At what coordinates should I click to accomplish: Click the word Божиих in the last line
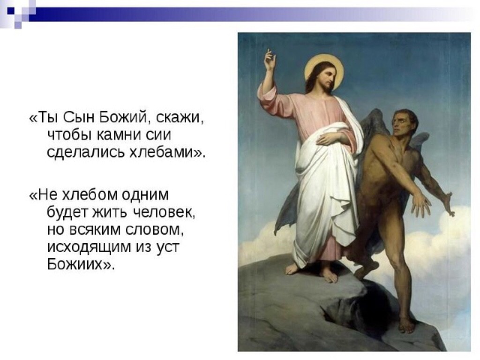coord(76,264)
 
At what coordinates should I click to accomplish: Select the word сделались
coord(86,152)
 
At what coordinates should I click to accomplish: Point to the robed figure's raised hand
coord(270,59)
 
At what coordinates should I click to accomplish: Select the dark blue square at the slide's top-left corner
coord(11,11)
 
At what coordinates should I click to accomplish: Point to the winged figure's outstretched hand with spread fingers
coord(421,206)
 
